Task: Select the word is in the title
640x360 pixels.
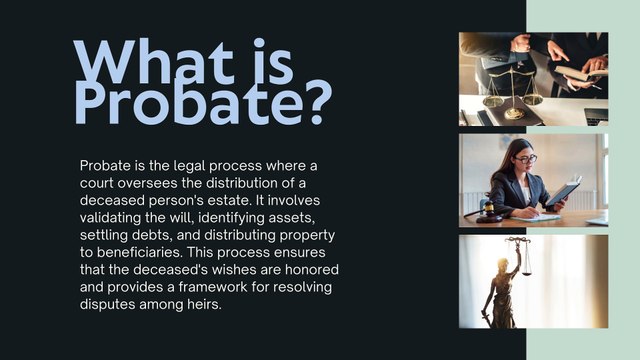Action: click(x=273, y=61)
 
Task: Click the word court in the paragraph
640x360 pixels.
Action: click(x=96, y=183)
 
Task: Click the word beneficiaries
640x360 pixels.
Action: click(x=140, y=252)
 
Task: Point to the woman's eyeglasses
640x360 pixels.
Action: click(x=526, y=159)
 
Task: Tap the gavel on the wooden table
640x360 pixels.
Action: click(x=486, y=212)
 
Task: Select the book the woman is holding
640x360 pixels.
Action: click(x=564, y=191)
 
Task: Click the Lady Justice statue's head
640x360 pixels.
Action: click(x=502, y=263)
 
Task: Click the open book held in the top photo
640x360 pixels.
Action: click(x=580, y=74)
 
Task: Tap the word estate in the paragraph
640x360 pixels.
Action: click(x=228, y=201)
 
